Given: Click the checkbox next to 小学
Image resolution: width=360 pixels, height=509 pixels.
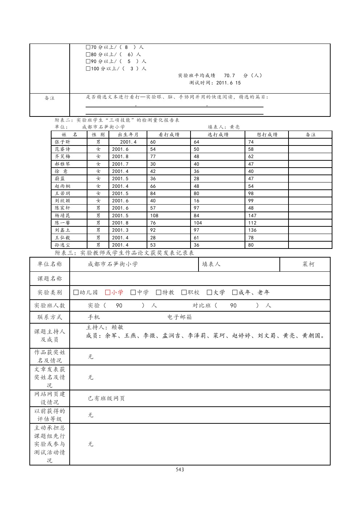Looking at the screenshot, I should point(107,292).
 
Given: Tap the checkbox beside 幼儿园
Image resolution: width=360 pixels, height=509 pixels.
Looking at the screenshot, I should point(76,292).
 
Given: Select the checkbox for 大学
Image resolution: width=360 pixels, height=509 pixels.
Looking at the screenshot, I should point(209,292).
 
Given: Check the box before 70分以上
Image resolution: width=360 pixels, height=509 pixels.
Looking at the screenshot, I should point(88,47).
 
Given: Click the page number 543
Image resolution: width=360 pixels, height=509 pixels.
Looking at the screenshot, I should point(180,469).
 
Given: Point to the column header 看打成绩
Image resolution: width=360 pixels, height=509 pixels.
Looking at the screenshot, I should point(169,135).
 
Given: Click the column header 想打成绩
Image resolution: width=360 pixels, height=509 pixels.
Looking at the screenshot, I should point(267,135).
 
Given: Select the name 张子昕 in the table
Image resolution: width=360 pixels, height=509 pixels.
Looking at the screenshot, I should point(62,142).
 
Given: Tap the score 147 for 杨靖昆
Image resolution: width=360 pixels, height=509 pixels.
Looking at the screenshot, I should point(253,215).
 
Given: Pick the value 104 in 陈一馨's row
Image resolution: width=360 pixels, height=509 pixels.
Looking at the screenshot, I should point(198,223).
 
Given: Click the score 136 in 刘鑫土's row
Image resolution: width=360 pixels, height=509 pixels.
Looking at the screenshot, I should point(253,230).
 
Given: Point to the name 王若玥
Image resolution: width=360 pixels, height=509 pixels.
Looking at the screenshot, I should point(62,193).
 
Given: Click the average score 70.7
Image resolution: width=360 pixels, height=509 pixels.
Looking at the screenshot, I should point(229,75).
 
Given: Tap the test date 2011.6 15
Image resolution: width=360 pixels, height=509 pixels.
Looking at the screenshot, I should point(228,83).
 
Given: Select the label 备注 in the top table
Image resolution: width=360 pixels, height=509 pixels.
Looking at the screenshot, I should point(49,98).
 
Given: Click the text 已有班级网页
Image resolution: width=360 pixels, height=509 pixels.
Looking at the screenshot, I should point(106,398).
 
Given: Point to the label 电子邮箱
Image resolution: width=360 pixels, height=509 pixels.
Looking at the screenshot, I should point(180,317).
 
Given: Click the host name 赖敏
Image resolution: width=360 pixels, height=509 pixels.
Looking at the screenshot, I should point(118,327).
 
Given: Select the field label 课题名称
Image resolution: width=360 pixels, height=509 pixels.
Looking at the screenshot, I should point(49,279).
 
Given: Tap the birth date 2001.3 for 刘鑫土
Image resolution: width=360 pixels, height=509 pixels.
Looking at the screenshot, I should point(120,230).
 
